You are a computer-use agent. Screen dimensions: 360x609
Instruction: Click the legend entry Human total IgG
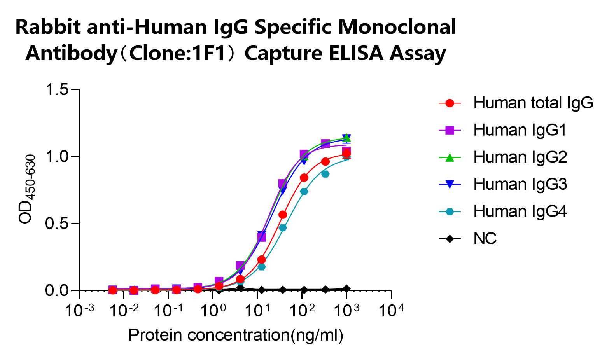(x=533, y=103)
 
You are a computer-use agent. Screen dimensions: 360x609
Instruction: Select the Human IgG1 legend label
(x=520, y=130)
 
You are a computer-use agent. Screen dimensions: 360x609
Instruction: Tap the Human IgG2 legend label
(x=520, y=157)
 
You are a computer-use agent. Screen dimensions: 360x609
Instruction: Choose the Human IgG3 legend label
(x=520, y=184)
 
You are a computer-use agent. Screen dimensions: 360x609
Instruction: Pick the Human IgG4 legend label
(x=520, y=211)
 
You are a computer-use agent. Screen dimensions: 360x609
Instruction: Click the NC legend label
(x=485, y=239)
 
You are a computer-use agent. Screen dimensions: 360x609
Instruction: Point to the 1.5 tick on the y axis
(x=57, y=90)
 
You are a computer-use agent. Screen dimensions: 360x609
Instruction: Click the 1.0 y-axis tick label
(x=57, y=157)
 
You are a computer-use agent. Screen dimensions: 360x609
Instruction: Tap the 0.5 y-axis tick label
(x=57, y=224)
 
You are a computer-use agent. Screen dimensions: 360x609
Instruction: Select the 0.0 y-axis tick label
(x=57, y=290)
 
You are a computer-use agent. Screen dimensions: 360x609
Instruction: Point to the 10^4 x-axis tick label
(x=391, y=311)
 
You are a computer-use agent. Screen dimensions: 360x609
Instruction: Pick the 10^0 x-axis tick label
(x=213, y=311)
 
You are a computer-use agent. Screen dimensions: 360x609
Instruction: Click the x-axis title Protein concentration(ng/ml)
(x=236, y=335)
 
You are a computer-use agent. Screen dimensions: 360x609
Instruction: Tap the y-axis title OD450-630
(x=27, y=189)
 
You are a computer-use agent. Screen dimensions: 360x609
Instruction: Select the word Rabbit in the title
(x=48, y=27)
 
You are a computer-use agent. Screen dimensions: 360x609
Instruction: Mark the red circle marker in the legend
(x=450, y=103)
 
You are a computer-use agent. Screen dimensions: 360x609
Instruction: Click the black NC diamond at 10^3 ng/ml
(x=346, y=288)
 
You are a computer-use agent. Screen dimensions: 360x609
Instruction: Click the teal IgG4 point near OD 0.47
(x=283, y=228)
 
